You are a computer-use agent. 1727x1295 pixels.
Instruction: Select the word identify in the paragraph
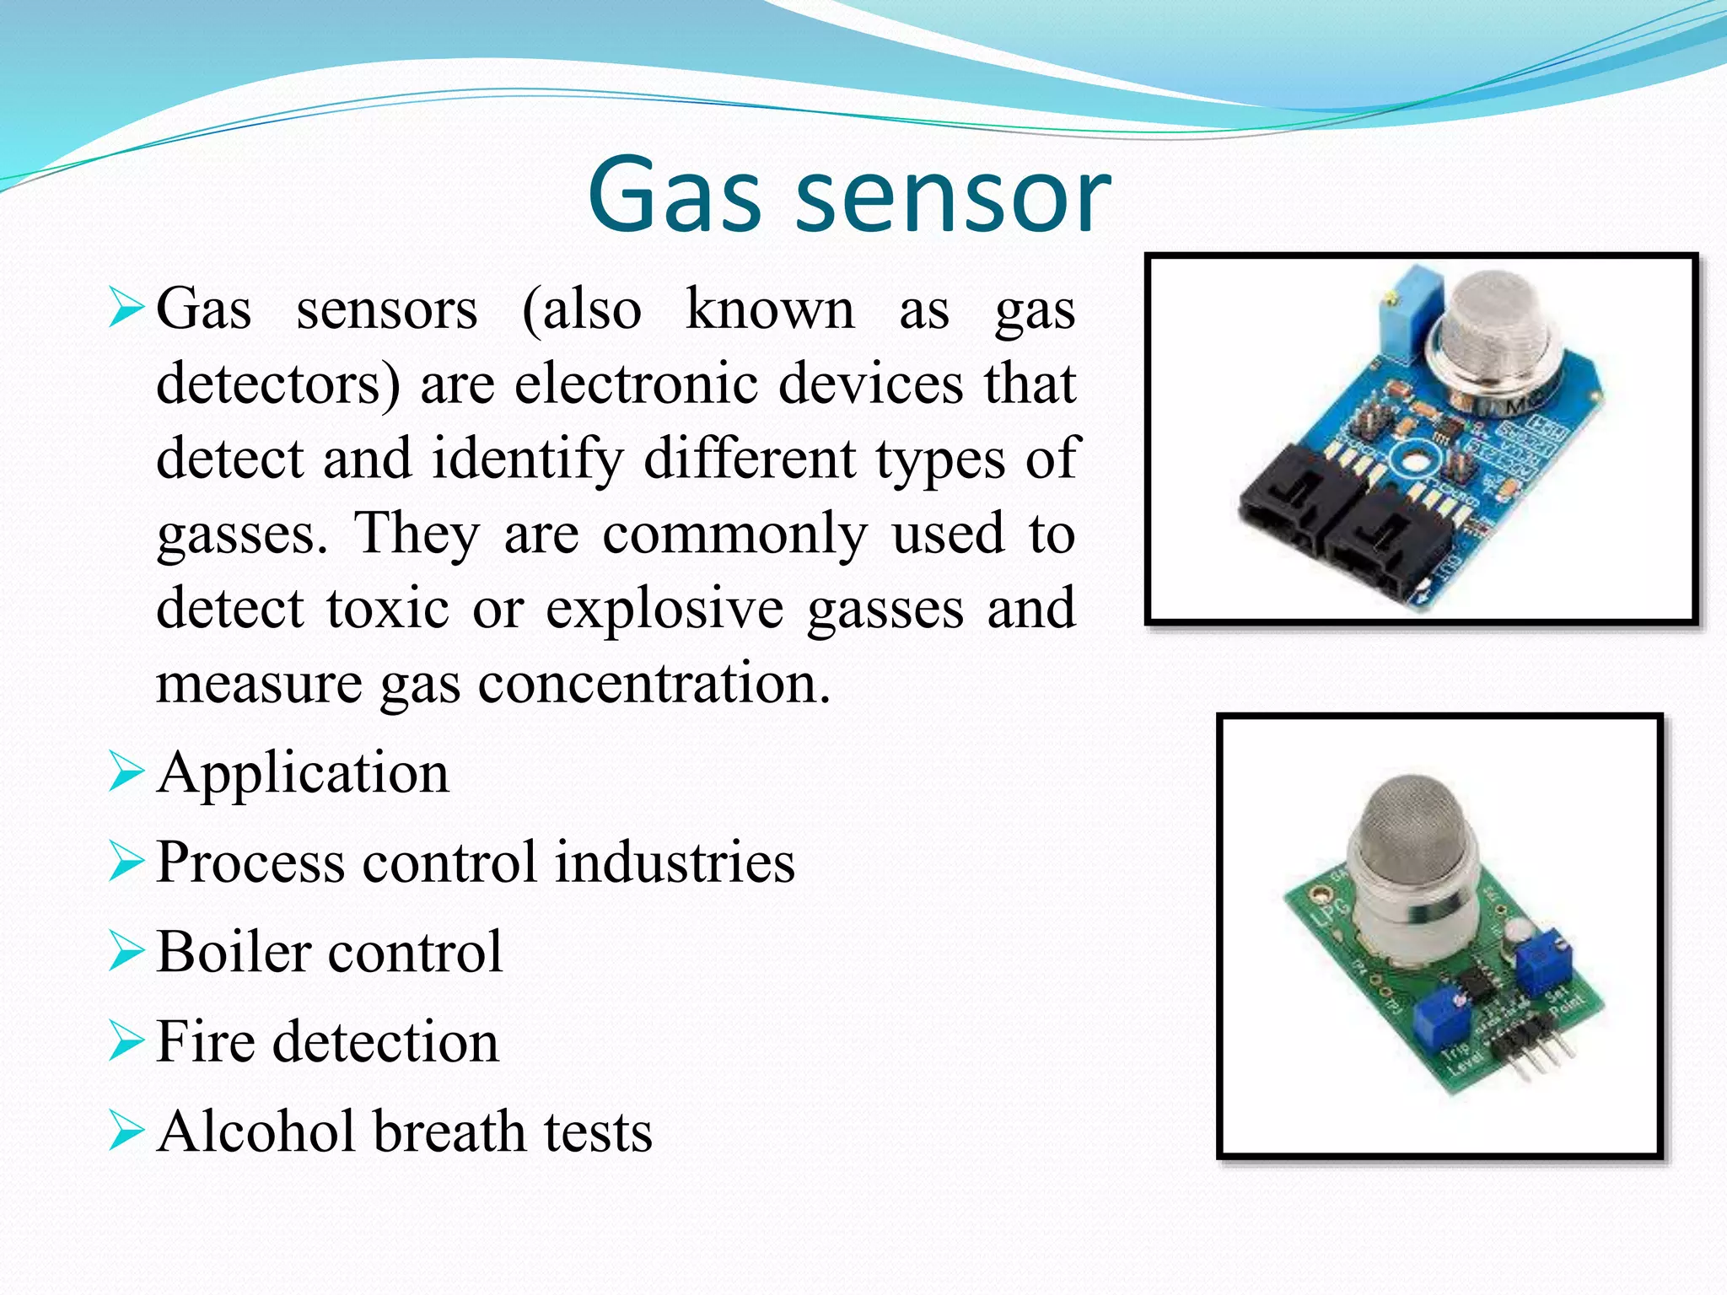click(x=528, y=459)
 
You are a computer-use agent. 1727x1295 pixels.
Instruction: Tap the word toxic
click(x=387, y=608)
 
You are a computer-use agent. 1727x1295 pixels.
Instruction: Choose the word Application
click(x=303, y=774)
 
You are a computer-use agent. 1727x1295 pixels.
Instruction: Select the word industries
click(x=675, y=862)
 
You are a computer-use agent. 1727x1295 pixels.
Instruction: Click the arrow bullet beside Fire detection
click(x=126, y=1041)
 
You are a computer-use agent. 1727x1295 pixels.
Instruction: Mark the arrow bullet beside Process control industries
click(x=126, y=862)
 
